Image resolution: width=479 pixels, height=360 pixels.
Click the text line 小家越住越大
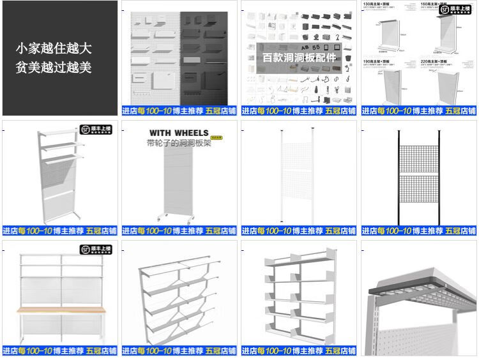(x=54, y=49)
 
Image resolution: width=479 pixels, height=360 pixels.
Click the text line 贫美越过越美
(x=54, y=68)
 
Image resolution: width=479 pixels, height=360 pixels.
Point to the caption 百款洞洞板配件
(x=299, y=57)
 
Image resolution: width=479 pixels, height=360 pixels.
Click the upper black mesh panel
(x=419, y=160)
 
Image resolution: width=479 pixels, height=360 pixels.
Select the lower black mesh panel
(x=419, y=197)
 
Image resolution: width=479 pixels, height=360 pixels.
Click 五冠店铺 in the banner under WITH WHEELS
(x=221, y=230)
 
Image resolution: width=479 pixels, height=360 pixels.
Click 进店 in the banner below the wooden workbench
(x=10, y=350)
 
